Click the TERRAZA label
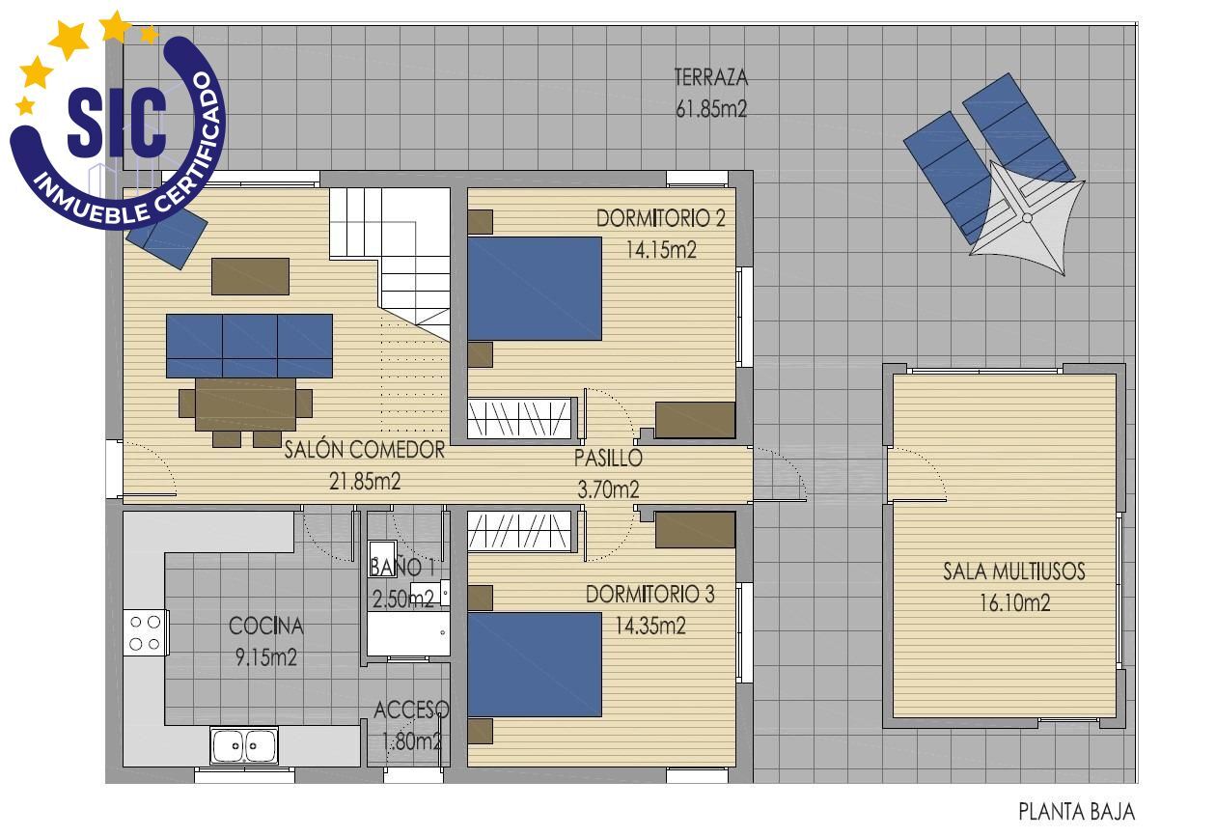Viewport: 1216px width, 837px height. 711,77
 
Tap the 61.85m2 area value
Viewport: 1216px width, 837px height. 711,109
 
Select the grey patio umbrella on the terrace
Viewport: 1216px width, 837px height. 1027,218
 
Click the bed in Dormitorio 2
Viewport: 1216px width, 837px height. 535,289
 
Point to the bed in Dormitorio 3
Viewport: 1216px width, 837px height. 535,664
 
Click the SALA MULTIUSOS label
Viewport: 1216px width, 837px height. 1013,572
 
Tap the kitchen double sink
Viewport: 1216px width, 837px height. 244,745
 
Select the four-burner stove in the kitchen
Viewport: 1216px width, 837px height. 145,633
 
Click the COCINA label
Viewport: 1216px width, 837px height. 265,627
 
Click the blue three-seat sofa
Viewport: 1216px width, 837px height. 249,345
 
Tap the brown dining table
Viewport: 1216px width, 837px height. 245,404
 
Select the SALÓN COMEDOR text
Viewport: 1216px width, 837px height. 364,450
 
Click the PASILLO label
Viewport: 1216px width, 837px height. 608,459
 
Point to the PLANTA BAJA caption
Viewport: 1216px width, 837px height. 1076,812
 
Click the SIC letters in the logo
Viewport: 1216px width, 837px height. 118,124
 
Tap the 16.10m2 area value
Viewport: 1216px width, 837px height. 1013,604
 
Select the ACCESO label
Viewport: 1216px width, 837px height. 411,711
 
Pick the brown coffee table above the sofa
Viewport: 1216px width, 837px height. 250,276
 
